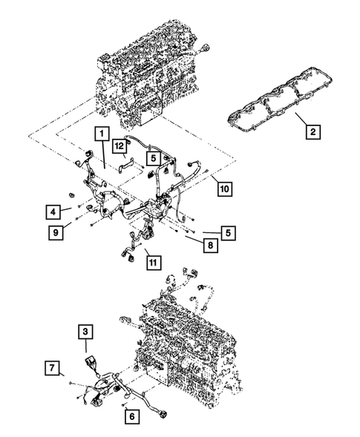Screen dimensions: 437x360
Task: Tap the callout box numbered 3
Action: [86, 330]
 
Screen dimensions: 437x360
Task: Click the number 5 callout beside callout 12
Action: [151, 157]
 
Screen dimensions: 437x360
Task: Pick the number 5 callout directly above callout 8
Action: [231, 232]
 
